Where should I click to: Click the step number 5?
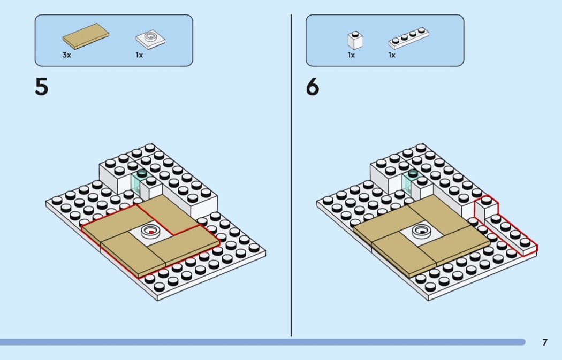coord(42,87)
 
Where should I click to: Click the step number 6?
coord(313,87)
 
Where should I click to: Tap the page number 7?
coord(545,342)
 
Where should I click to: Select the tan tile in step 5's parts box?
coord(86,36)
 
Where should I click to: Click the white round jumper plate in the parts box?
coord(150,39)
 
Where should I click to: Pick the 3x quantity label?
coord(67,55)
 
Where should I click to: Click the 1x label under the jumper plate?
coord(139,55)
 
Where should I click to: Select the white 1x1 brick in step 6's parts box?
coord(355,40)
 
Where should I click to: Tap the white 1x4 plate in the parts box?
coord(408,38)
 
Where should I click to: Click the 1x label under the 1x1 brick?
coord(351,55)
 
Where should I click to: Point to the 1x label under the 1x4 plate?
coord(392,55)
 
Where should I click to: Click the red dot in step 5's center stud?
coord(151,232)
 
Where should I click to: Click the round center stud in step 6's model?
coord(422,231)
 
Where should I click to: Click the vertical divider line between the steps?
coord(291,175)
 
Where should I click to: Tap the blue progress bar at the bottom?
coord(263,342)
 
